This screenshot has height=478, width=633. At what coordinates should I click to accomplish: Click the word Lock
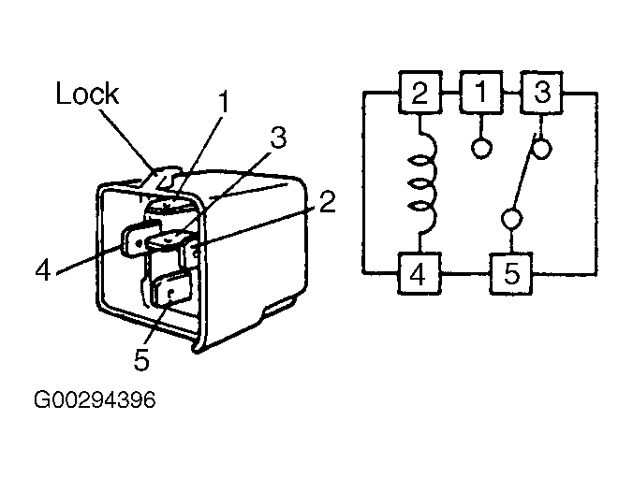(x=87, y=94)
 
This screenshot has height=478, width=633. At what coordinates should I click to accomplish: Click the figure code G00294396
(x=95, y=399)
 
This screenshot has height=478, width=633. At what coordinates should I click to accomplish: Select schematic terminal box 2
(x=420, y=93)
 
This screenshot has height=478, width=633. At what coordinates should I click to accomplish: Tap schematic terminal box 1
(x=481, y=92)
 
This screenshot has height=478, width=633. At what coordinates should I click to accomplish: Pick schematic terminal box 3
(x=542, y=93)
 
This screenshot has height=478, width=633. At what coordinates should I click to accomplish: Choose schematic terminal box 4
(x=420, y=274)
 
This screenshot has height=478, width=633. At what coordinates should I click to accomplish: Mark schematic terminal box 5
(x=511, y=274)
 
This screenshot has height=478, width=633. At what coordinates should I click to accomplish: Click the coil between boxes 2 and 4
(x=422, y=183)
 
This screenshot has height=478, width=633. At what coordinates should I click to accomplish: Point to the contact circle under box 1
(x=481, y=148)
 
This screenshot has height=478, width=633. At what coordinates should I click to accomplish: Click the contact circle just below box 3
(x=541, y=148)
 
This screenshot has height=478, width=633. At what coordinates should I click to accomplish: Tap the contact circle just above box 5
(x=511, y=219)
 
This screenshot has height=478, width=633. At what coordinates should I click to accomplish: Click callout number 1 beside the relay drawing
(x=223, y=101)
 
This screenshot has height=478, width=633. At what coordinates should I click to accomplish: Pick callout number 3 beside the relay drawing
(x=278, y=138)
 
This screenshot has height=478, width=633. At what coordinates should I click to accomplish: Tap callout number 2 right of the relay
(x=327, y=202)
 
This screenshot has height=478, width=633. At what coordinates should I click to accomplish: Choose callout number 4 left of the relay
(x=43, y=269)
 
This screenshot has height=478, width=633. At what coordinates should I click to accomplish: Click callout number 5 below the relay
(x=141, y=359)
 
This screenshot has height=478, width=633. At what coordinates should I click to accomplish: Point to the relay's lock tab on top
(x=163, y=176)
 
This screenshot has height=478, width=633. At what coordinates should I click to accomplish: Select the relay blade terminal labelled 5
(x=170, y=288)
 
